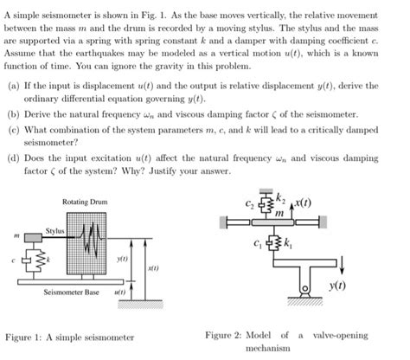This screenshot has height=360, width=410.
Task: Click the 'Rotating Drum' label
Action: pyautogui.click(x=84, y=202)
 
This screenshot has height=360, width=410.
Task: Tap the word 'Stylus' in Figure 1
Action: pyautogui.click(x=55, y=231)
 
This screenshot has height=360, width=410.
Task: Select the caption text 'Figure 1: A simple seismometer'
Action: pyautogui.click(x=70, y=336)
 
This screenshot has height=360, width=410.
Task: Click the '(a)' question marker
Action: pyautogui.click(x=11, y=87)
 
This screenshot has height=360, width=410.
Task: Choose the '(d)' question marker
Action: pyautogui.click(x=11, y=159)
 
